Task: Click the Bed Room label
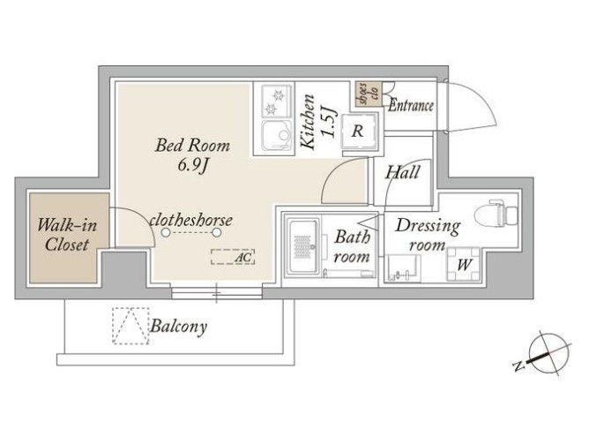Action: coord(192,146)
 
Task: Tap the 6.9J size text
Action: coord(192,166)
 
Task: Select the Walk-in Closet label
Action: coord(67,235)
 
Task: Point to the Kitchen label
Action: coord(309,122)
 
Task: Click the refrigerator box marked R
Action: coord(358,132)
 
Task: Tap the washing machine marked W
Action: coord(464,264)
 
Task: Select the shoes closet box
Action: coord(369,94)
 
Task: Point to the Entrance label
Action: coord(411,106)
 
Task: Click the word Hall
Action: coord(402,173)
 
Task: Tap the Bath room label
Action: coord(352,246)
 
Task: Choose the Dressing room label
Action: coord(428,235)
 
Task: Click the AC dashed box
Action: coord(233,257)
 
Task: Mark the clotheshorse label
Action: coord(190,220)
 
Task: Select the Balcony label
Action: coord(179,326)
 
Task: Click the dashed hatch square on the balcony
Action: coord(130,326)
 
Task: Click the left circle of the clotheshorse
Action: coord(166,233)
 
